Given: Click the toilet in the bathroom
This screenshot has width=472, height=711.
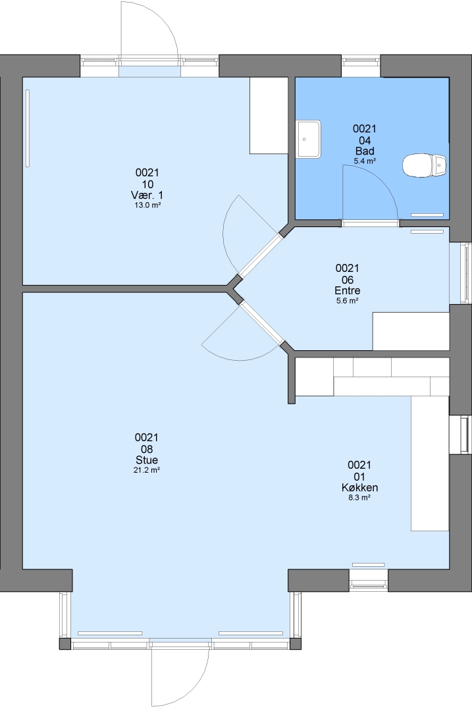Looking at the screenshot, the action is click(x=425, y=165).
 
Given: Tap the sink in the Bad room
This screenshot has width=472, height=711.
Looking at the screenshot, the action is click(x=309, y=139).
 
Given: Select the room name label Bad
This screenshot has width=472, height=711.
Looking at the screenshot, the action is click(x=365, y=151).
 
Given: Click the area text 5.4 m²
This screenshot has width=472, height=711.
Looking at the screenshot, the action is click(x=365, y=161).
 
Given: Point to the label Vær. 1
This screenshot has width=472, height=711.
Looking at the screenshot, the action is click(x=147, y=196).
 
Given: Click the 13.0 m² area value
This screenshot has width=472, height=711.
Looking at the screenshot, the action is click(x=147, y=205).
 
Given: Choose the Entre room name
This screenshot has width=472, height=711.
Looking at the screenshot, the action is click(x=348, y=291).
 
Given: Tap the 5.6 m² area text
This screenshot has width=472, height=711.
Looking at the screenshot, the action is click(x=348, y=301).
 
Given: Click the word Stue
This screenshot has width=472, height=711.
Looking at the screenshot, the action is click(x=146, y=460).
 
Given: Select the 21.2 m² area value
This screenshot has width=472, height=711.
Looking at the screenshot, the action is click(x=146, y=470).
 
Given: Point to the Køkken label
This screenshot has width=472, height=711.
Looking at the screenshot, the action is click(x=359, y=487).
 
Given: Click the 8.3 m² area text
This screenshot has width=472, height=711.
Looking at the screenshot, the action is click(x=359, y=498).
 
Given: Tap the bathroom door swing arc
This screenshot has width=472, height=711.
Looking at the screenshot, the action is click(x=381, y=182).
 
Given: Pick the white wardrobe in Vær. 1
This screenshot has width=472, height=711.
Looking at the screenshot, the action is click(x=269, y=116).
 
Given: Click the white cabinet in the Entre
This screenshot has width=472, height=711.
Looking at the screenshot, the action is click(x=411, y=331).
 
